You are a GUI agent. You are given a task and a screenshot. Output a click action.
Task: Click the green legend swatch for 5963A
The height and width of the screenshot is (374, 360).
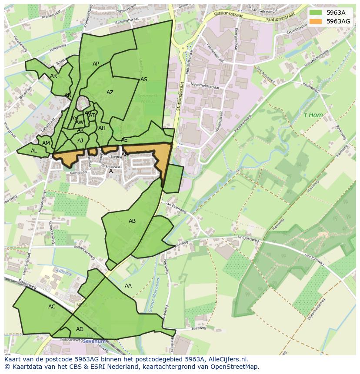[316, 13]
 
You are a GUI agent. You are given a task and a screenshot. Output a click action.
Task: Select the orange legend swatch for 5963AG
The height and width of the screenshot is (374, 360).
[316, 21]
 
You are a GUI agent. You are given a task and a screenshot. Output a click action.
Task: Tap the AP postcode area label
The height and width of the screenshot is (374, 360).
[96, 64]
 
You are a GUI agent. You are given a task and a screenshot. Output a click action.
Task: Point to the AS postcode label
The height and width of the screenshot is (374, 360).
[144, 79]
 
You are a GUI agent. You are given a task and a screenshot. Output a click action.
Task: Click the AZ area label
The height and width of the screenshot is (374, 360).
[110, 93]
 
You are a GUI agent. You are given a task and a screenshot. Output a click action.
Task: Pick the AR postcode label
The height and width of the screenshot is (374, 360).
[53, 76]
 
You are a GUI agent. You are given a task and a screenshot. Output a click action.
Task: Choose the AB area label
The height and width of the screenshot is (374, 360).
[132, 221]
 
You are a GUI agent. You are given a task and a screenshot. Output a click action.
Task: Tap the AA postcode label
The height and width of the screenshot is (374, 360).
[128, 286]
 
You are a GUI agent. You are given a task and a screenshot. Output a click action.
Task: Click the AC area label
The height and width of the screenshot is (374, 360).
[52, 307]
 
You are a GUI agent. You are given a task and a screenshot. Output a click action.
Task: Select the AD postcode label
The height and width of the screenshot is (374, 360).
[80, 329]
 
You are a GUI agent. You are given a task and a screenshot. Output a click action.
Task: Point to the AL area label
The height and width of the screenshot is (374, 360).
[34, 151]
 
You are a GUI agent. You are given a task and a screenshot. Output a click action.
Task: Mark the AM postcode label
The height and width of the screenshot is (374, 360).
[46, 143]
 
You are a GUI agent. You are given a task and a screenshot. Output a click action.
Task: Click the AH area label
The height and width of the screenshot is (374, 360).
[102, 128]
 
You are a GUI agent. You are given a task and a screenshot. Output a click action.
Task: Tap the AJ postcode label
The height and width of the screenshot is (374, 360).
[80, 141]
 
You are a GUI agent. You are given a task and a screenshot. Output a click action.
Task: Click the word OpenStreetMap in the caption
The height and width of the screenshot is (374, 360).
[235, 367]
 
